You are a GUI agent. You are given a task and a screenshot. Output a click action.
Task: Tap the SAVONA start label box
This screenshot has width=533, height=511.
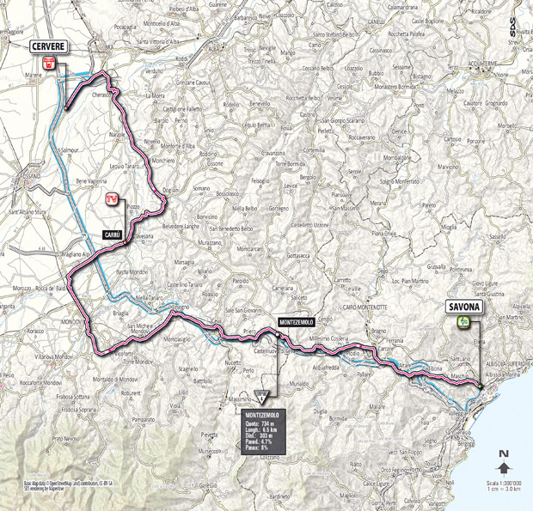(x=463, y=306)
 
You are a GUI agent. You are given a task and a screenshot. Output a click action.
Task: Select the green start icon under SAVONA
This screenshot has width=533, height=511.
(x=463, y=322)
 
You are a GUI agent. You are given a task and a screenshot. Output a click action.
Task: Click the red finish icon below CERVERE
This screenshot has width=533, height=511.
(x=49, y=63)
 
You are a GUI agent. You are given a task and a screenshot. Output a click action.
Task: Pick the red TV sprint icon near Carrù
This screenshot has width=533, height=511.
(x=110, y=200)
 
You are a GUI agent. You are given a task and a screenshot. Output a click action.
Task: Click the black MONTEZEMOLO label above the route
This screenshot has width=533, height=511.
(x=296, y=320)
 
